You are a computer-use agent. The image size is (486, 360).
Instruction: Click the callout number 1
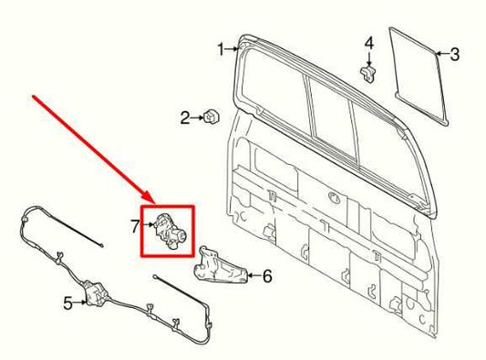[220, 48]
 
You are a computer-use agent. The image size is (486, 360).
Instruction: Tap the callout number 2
[184, 117]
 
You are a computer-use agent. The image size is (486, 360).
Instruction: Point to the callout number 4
[368, 43]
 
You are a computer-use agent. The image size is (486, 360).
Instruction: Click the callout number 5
[67, 303]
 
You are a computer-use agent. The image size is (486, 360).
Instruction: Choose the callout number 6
[267, 273]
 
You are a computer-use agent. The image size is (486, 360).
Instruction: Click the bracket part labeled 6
[216, 264]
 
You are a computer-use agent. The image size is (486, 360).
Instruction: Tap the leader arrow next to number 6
[250, 273]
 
